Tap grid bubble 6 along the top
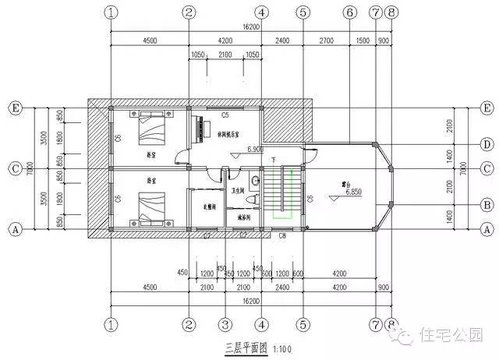pos(349,12)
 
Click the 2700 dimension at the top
pos(326,41)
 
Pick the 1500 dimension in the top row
pos(363,41)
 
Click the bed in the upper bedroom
pos(152,127)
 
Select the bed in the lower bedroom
pos(152,205)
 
